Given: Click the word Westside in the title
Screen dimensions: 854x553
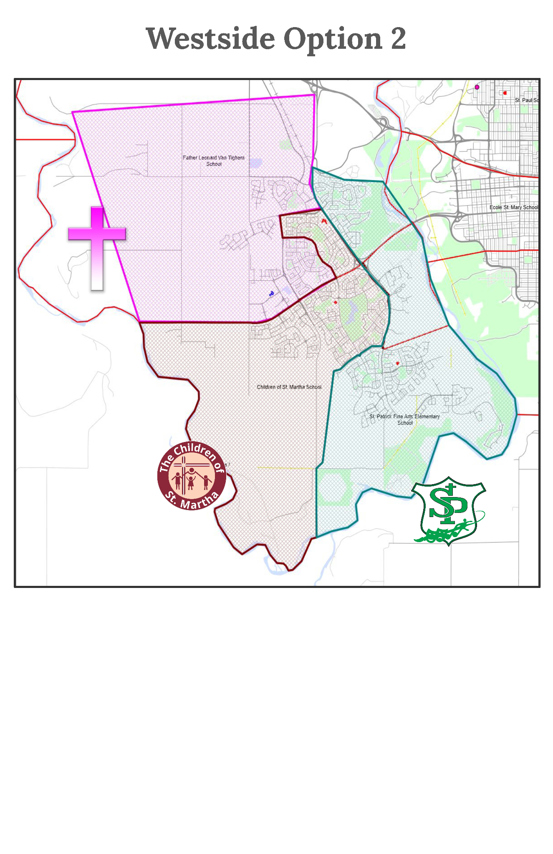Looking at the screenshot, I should (210, 39).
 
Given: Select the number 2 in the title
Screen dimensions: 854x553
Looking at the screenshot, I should (398, 38).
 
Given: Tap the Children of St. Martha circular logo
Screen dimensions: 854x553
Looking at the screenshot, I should (192, 476).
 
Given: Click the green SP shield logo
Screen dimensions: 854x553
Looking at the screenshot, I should (449, 510).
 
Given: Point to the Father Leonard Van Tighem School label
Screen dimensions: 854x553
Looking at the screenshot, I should (214, 161).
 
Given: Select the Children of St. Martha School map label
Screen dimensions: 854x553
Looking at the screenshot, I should (289, 387).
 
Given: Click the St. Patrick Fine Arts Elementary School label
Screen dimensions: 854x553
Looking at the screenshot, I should (404, 419).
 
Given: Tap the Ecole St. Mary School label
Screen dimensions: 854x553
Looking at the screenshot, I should (513, 207).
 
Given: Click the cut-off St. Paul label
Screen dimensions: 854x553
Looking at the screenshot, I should (526, 100).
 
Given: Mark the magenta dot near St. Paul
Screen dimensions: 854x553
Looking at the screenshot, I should (477, 87).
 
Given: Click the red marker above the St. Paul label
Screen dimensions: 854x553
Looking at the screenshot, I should (505, 93).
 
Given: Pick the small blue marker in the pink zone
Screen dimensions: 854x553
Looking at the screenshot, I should (272, 294).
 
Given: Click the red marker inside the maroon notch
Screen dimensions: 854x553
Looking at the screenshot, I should (324, 220).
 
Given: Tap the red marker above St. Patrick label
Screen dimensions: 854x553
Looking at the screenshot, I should (397, 363).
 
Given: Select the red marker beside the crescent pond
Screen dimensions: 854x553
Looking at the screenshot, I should (335, 302).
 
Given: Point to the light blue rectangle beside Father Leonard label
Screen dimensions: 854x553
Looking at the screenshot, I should (255, 163).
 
